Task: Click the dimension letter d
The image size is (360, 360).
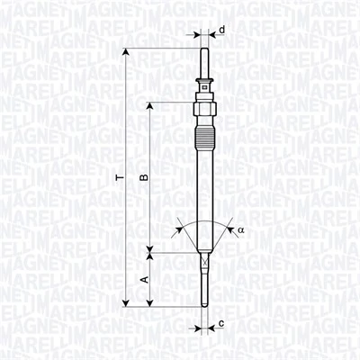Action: (x=222, y=29)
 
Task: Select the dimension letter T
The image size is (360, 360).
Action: (x=117, y=179)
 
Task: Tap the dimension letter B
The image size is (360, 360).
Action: (x=143, y=179)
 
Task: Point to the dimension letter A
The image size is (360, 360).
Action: (x=143, y=280)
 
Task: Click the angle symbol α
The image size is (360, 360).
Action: (x=240, y=229)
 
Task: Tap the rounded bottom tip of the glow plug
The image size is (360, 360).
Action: (x=205, y=303)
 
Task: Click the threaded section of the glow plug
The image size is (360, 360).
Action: (x=205, y=139)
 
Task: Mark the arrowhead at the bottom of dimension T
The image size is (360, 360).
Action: (x=126, y=303)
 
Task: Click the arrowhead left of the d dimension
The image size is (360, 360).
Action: (x=197, y=37)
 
